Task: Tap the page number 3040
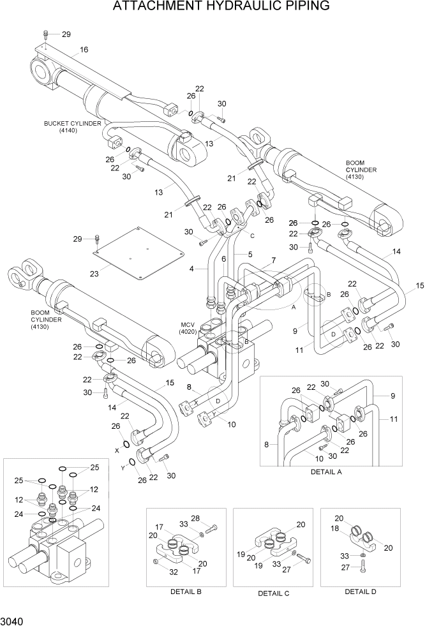click(13, 620)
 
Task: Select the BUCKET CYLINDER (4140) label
click(72, 126)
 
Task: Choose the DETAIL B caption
click(186, 592)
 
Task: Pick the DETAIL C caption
click(273, 593)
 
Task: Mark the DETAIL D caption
click(361, 592)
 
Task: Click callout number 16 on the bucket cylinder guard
click(84, 50)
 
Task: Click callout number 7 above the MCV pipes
click(273, 260)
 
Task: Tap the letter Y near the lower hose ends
click(123, 468)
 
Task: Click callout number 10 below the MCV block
click(231, 424)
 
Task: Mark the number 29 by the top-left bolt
click(66, 34)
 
